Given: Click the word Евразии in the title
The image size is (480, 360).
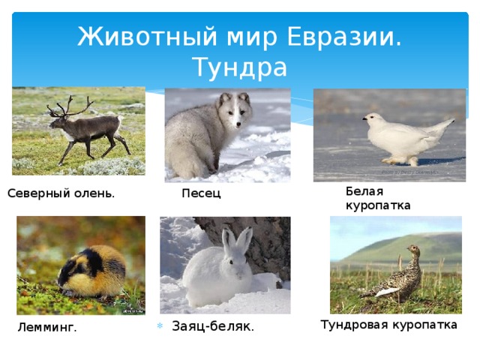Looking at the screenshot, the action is point(343,37).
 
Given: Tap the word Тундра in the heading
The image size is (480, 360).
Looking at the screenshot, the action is point(241,68).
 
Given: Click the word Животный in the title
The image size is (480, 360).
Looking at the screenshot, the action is point(148,37).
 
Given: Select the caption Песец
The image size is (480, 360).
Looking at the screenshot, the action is point(201,193).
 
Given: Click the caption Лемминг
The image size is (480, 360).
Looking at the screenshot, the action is point(47,328).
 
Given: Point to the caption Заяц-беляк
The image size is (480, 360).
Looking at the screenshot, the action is point(213,326).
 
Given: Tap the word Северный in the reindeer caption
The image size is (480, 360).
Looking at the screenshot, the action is point(38,193).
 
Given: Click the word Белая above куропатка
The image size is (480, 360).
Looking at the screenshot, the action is point(364,191).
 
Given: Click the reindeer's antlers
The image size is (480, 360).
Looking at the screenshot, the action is point(70,106).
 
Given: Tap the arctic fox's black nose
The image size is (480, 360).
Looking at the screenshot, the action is point(238,124).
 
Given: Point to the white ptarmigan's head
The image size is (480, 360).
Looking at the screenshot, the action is point(372,118).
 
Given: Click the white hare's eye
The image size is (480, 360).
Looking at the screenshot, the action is point(230,262).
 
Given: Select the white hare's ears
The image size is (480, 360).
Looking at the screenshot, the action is point(237,241).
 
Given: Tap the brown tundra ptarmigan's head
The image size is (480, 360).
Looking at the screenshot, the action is point(413,249).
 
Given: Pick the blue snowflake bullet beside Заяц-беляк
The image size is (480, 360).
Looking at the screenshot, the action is point(160,325).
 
